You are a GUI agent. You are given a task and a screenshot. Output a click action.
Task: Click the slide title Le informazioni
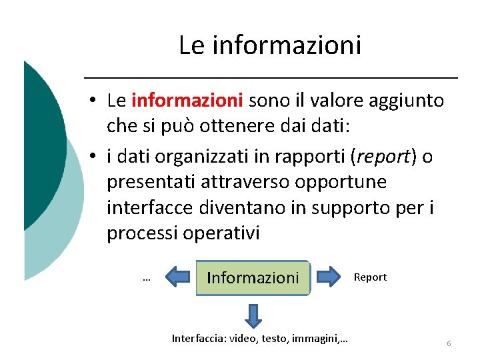(x=270, y=45)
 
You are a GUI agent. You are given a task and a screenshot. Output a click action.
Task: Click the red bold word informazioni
(x=187, y=101)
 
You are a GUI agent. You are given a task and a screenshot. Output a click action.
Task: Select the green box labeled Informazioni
(x=253, y=277)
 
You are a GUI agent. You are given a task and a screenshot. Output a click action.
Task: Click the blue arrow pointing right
(x=328, y=277)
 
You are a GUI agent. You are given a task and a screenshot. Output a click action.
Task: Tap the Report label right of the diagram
(x=370, y=277)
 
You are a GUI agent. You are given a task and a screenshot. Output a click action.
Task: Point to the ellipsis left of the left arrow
(x=146, y=279)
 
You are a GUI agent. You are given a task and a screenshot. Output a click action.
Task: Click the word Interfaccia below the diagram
(x=199, y=339)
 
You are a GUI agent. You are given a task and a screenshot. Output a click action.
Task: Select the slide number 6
(x=449, y=343)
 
